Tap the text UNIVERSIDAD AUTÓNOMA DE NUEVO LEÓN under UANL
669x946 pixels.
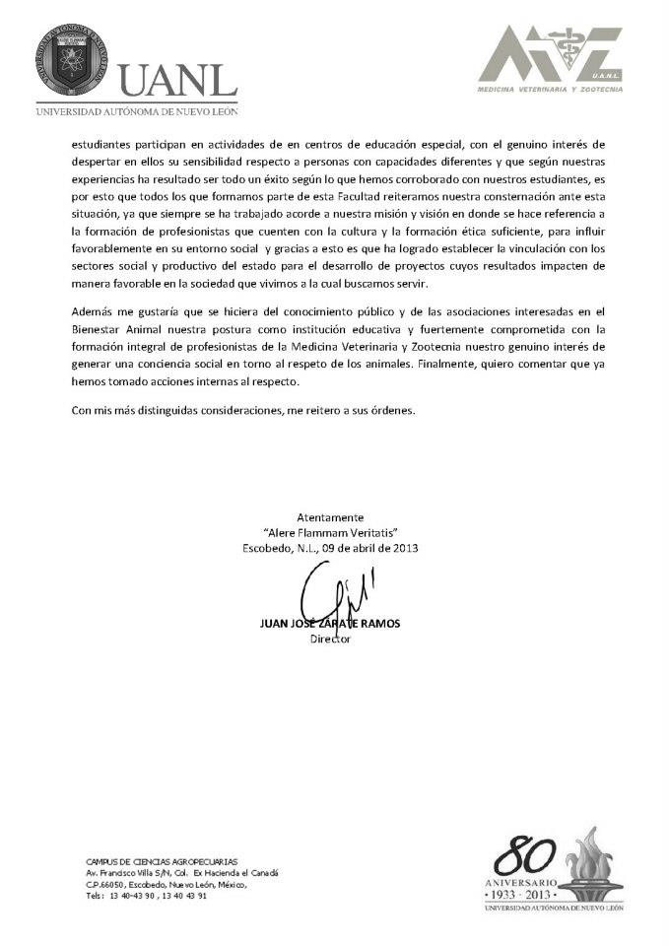tap(136, 111)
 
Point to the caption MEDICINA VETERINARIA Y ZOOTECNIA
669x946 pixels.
tap(549, 89)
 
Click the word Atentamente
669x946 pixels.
tap(330, 517)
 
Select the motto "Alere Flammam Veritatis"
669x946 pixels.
tap(330, 532)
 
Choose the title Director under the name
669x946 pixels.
tap(330, 639)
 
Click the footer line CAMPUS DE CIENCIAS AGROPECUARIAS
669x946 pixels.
tap(162, 861)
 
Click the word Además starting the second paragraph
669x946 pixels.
tap(93, 310)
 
